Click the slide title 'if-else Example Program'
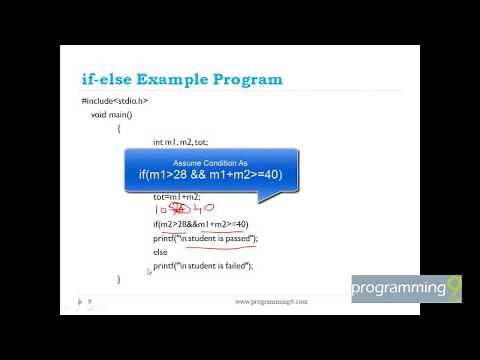(182, 79)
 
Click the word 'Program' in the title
(245, 79)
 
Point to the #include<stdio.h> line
(115, 101)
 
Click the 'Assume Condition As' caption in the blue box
(210, 163)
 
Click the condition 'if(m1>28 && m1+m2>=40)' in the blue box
(210, 176)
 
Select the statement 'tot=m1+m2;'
(177, 197)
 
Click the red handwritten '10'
(161, 211)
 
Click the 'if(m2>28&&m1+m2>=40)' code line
(200, 224)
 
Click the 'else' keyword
(160, 252)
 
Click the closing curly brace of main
(118, 279)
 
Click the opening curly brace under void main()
(118, 128)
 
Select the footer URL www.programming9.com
(271, 301)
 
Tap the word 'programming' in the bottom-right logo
(398, 289)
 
